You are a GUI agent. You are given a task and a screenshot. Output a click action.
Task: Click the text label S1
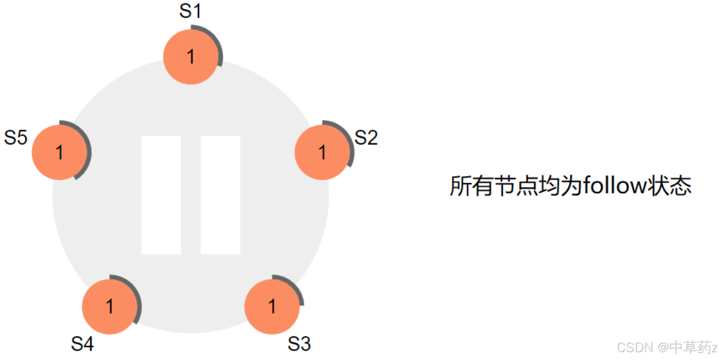point(190,11)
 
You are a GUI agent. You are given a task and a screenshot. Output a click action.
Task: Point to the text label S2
point(366,138)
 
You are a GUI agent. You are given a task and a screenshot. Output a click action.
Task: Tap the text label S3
point(299,344)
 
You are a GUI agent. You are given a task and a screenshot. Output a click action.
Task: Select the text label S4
point(82,344)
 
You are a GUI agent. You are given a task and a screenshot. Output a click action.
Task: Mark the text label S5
point(16,138)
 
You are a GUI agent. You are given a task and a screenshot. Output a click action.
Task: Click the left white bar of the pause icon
point(161,195)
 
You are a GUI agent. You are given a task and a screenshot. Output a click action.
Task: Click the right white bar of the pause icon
point(220,195)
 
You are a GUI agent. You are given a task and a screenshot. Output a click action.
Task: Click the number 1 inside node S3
point(272,306)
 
